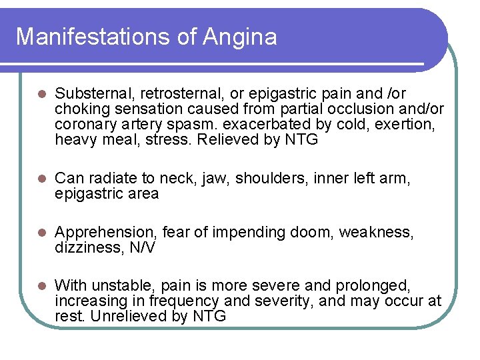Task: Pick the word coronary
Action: point(83,125)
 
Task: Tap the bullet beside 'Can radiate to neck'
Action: point(40,178)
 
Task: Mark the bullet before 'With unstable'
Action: point(40,285)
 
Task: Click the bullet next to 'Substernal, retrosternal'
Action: point(40,94)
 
